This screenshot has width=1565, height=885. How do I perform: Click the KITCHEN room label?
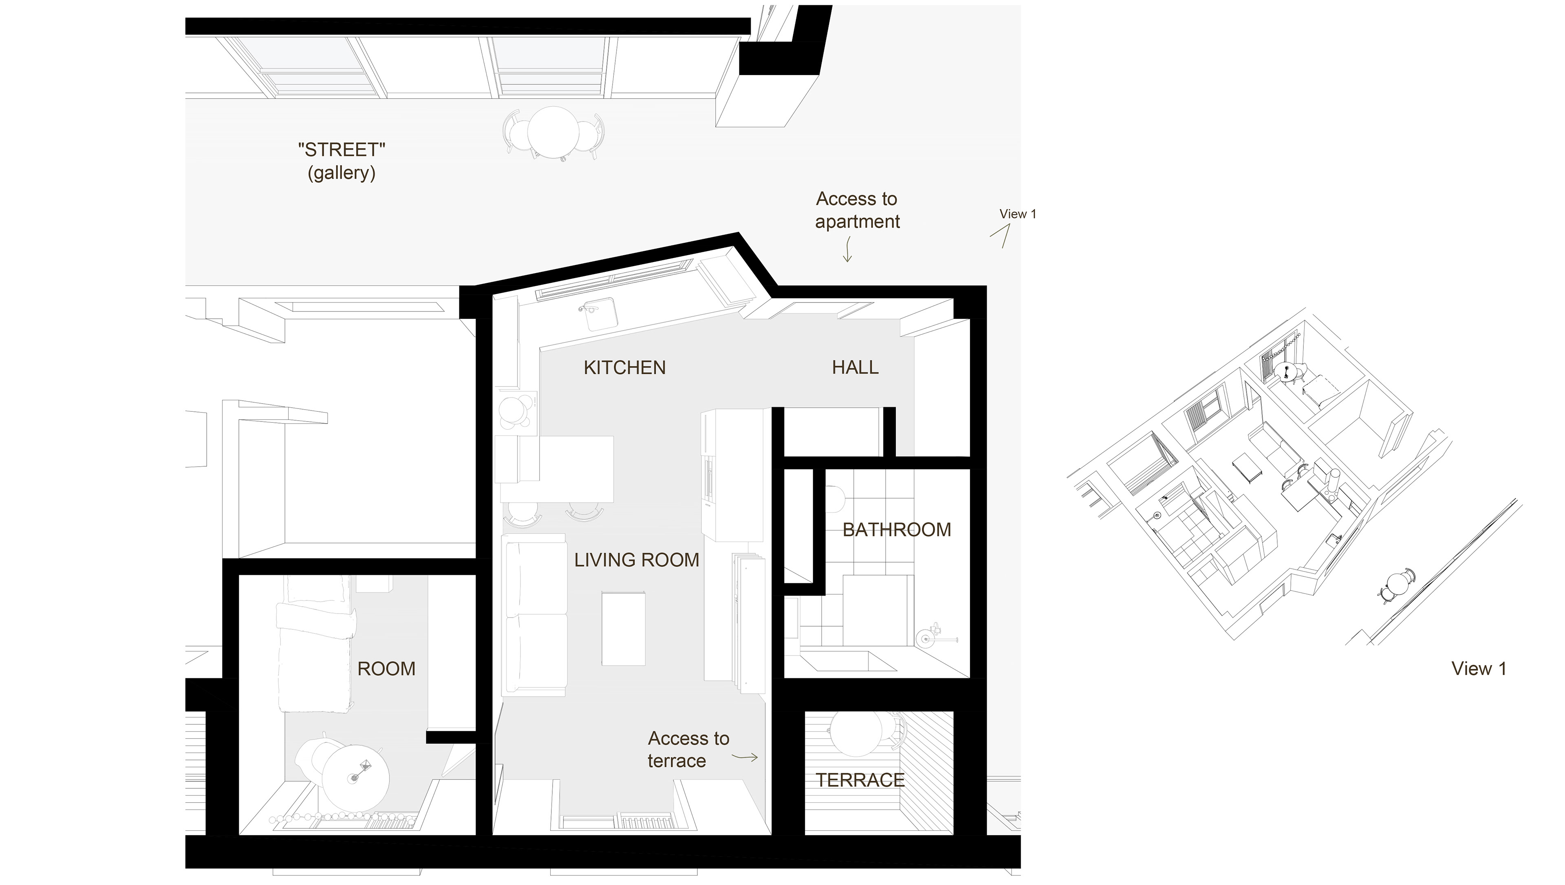(624, 368)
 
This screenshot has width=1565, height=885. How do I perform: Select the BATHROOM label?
(897, 530)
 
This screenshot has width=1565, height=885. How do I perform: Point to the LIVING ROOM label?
(637, 560)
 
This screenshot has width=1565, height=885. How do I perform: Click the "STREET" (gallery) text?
(342, 161)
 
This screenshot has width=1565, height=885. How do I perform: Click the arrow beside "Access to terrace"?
(745, 757)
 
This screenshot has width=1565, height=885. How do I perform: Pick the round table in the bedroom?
(355, 778)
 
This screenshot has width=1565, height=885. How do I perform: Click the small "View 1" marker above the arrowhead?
(1018, 214)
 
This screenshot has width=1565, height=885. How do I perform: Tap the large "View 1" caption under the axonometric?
(1479, 669)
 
